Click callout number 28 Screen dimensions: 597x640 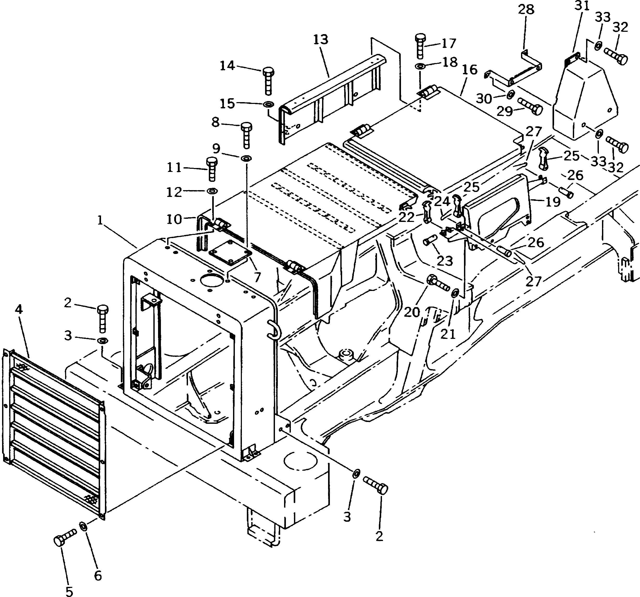(526, 10)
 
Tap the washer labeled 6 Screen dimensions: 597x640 (83, 526)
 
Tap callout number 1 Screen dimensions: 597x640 (100, 220)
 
